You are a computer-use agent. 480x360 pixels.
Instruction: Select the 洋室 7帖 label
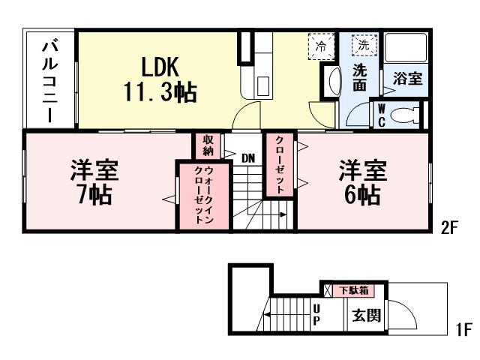point(94,181)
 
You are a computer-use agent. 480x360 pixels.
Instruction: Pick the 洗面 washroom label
point(360,79)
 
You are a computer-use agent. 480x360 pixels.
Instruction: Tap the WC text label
point(381,115)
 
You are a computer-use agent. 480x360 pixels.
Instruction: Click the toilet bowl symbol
point(405,115)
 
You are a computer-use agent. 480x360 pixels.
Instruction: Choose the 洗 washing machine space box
point(364,44)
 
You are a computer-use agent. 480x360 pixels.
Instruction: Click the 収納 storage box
point(208,145)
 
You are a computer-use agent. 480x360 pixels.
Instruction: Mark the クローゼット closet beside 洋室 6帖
point(280,166)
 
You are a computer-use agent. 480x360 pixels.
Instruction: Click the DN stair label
point(249,157)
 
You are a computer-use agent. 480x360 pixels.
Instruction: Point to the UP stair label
point(316,315)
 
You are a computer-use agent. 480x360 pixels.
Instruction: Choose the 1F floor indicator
point(463,329)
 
